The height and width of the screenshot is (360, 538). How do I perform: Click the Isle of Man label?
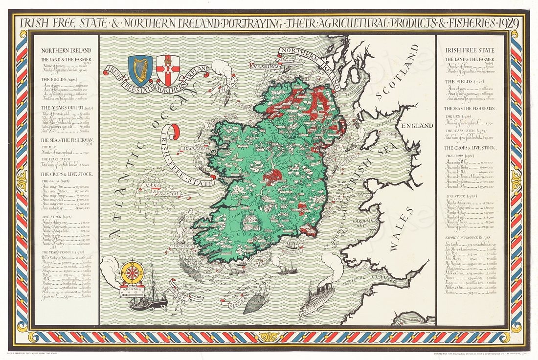[382, 135]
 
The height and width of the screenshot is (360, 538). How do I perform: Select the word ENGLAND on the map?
[417, 126]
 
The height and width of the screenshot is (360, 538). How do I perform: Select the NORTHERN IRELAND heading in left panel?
[67, 50]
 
